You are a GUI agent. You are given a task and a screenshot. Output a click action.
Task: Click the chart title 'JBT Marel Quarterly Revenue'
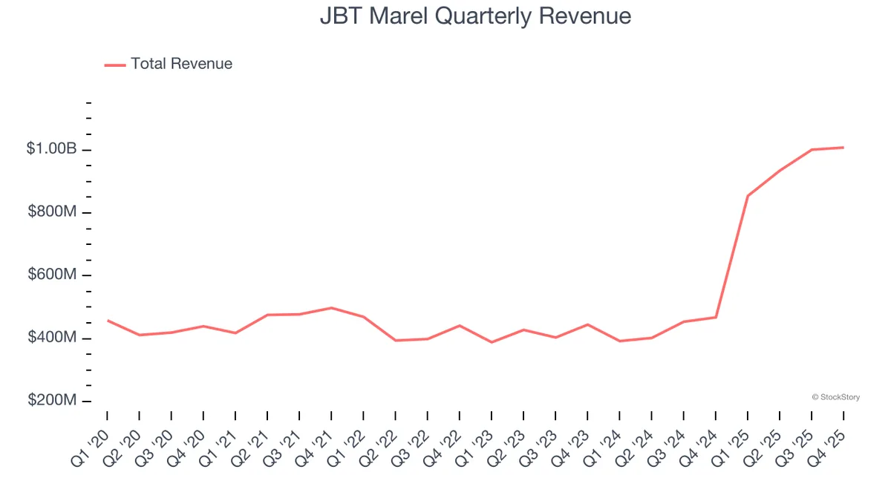click(x=475, y=16)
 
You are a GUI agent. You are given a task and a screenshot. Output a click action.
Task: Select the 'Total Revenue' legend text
click(x=181, y=64)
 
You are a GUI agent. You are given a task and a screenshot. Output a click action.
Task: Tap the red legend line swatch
click(x=115, y=65)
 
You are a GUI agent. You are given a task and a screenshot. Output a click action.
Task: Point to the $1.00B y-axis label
click(x=51, y=149)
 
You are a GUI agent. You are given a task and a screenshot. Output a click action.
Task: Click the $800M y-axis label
click(x=52, y=212)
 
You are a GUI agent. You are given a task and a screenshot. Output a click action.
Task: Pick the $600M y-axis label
click(x=52, y=275)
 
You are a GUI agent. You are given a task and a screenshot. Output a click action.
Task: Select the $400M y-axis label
click(x=52, y=338)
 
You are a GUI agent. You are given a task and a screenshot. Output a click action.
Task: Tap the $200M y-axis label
click(x=52, y=401)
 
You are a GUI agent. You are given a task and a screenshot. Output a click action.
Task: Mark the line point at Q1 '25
click(x=748, y=196)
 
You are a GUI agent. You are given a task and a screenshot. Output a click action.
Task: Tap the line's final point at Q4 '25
click(x=843, y=148)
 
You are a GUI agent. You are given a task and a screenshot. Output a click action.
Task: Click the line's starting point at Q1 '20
click(x=108, y=321)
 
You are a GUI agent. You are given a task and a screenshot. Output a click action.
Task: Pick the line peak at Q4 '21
click(x=331, y=307)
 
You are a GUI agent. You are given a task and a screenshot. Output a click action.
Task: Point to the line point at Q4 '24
click(x=716, y=317)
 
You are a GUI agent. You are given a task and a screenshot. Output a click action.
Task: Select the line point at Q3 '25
click(x=812, y=149)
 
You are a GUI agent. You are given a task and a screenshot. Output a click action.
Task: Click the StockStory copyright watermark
click(x=835, y=397)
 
